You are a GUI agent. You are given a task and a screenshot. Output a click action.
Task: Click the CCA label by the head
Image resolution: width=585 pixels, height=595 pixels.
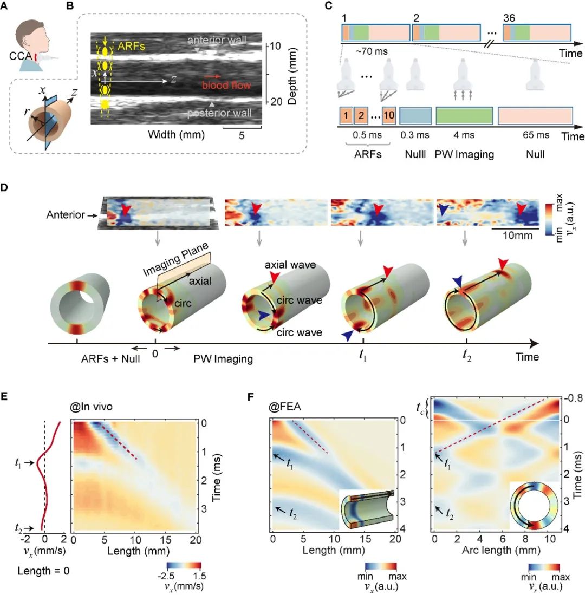[19, 54]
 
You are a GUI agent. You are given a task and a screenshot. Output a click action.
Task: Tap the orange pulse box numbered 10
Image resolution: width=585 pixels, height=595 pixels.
[388, 114]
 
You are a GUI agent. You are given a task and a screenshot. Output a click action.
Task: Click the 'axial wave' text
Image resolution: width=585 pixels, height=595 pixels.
[285, 266]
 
